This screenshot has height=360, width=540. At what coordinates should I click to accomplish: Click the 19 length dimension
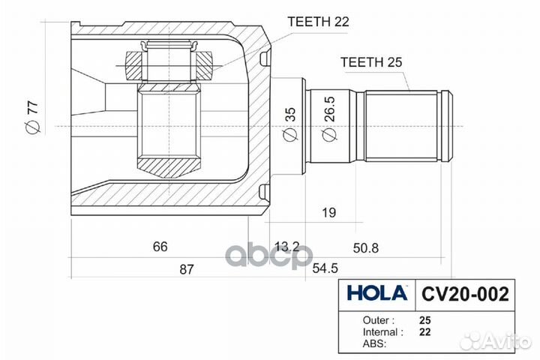click(328, 213)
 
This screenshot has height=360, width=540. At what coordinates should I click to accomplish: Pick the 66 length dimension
click(160, 246)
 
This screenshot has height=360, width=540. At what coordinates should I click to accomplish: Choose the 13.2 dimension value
click(287, 247)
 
